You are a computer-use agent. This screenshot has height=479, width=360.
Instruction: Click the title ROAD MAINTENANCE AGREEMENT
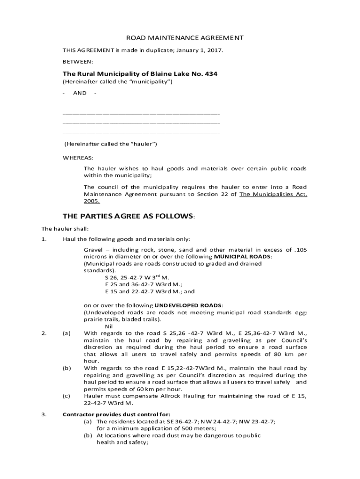[180, 37]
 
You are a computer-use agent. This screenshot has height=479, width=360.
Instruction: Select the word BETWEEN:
[78, 61]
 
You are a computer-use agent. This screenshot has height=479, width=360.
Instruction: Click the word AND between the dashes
[79, 93]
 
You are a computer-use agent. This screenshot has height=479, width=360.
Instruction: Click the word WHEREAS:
[78, 157]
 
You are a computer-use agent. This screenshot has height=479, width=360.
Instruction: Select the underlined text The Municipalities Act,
[273, 194]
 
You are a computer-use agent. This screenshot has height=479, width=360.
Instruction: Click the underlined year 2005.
[92, 201]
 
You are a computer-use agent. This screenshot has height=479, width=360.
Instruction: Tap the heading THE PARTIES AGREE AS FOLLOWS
[128, 216]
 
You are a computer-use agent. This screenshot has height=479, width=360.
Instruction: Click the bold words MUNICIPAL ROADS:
[242, 257]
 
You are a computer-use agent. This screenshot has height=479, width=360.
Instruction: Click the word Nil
[109, 326]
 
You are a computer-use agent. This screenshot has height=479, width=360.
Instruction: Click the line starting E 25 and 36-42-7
[144, 284]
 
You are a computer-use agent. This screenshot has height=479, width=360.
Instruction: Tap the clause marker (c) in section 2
[66, 396]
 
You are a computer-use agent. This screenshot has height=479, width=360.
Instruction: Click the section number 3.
[43, 414]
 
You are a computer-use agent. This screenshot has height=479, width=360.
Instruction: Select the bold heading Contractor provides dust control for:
[117, 414]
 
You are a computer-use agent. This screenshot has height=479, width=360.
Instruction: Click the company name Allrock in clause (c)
[168, 396]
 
